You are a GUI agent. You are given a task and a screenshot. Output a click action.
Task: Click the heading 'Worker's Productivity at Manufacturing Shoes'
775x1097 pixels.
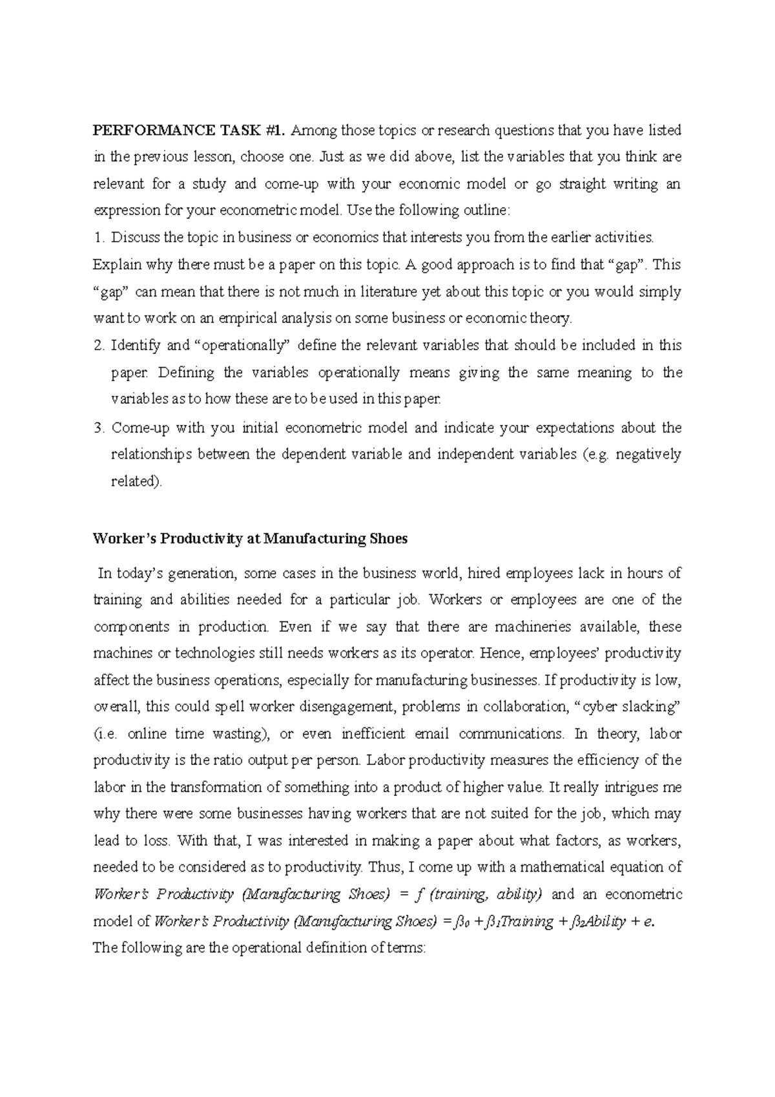[251, 538]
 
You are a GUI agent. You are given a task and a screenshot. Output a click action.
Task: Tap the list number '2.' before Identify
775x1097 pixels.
[99, 346]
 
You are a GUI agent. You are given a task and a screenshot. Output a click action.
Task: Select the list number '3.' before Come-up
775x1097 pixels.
[99, 428]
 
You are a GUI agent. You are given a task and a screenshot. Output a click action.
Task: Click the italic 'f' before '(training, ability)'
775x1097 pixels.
[419, 895]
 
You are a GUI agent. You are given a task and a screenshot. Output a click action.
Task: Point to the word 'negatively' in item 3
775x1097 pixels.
[648, 454]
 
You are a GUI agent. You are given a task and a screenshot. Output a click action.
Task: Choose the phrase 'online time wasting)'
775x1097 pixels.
[203, 734]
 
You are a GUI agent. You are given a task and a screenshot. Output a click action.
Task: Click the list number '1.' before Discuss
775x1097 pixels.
[99, 238]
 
